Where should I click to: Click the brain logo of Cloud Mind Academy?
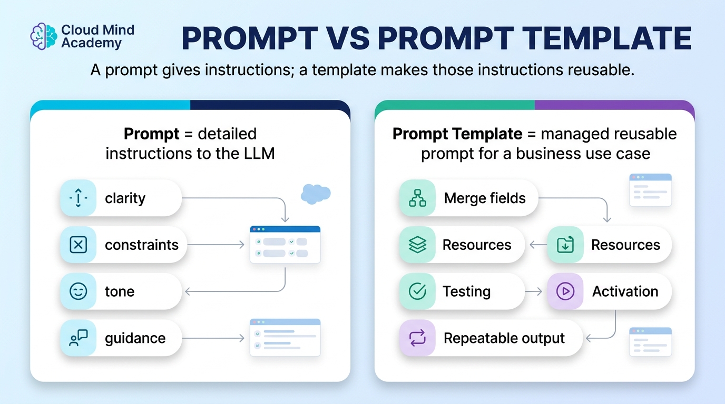click(43, 36)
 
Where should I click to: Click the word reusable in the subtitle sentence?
click(597, 70)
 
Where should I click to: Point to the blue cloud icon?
click(316, 194)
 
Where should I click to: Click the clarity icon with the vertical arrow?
click(79, 198)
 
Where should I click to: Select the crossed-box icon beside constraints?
click(79, 245)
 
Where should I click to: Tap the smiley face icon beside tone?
click(79, 291)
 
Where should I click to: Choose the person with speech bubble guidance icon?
click(79, 338)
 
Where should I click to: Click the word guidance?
click(135, 339)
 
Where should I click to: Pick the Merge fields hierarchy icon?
click(417, 198)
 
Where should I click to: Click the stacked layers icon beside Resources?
click(417, 245)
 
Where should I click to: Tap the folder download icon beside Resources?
click(565, 245)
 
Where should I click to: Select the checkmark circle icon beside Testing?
click(417, 291)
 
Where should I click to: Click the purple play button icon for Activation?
click(565, 291)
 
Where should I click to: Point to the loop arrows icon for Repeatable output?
click(417, 338)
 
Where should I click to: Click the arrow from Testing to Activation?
click(533, 291)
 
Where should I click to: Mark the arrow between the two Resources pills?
click(538, 245)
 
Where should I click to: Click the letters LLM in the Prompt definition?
click(259, 153)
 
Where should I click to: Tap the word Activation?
click(625, 291)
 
